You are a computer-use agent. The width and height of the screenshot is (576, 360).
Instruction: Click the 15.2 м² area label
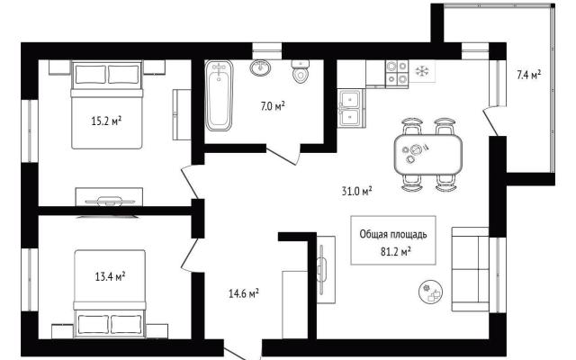106,121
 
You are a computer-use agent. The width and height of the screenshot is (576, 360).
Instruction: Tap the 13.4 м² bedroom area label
110,276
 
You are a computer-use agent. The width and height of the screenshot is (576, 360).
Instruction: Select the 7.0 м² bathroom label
273,106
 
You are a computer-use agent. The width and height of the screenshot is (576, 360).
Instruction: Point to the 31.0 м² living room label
356,191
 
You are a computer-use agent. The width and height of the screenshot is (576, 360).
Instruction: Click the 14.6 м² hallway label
244,293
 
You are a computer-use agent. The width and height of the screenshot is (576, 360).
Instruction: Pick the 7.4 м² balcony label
528,75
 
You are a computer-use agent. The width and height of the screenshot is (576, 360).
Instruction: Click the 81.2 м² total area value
396,252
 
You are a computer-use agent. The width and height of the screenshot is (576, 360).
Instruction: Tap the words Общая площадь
393,234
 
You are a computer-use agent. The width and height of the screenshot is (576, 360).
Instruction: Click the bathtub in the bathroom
219,95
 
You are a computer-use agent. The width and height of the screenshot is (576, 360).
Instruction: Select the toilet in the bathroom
301,71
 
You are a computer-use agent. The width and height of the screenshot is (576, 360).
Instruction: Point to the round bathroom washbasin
260,67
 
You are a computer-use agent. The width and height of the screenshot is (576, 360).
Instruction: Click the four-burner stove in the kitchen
397,73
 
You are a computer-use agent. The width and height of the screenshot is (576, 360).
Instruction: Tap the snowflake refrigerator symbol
422,71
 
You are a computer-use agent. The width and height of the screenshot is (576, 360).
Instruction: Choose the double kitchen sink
351,108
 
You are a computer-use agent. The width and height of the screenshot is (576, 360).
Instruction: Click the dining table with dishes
428,154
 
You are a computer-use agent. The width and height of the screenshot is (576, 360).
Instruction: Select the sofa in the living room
470,269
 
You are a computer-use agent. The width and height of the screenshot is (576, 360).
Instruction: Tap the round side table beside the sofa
430,292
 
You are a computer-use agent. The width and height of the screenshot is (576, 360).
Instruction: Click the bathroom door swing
283,155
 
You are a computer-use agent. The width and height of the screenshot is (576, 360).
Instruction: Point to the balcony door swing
490,121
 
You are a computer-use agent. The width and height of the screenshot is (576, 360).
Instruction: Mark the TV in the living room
321,270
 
